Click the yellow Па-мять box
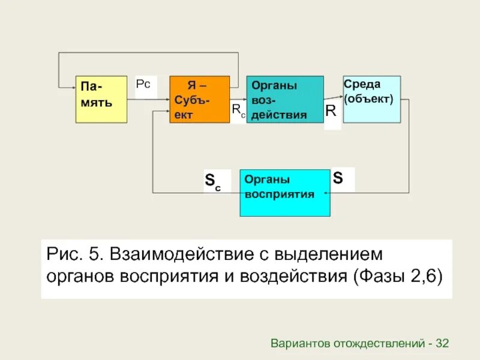[x=101, y=99]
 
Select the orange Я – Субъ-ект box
[x=199, y=99]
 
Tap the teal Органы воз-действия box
[x=285, y=99]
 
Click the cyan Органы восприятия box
[x=285, y=193]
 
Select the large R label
[x=331, y=110]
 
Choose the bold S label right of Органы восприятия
[x=338, y=178]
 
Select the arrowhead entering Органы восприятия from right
[x=326, y=193]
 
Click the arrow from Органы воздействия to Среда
[x=333, y=97]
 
